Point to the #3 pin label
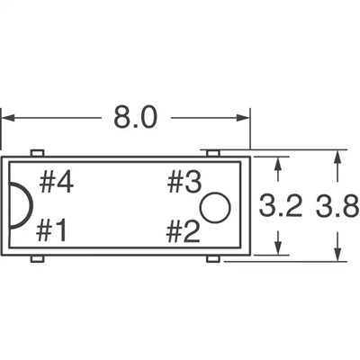point(184,184)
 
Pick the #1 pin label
point(52,232)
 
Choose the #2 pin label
point(184,232)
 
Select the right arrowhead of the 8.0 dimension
point(240,117)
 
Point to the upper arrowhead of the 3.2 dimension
point(281,163)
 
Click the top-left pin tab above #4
point(37,154)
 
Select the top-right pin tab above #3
point(211,154)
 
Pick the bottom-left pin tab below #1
point(37,259)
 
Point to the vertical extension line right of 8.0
point(247,130)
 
